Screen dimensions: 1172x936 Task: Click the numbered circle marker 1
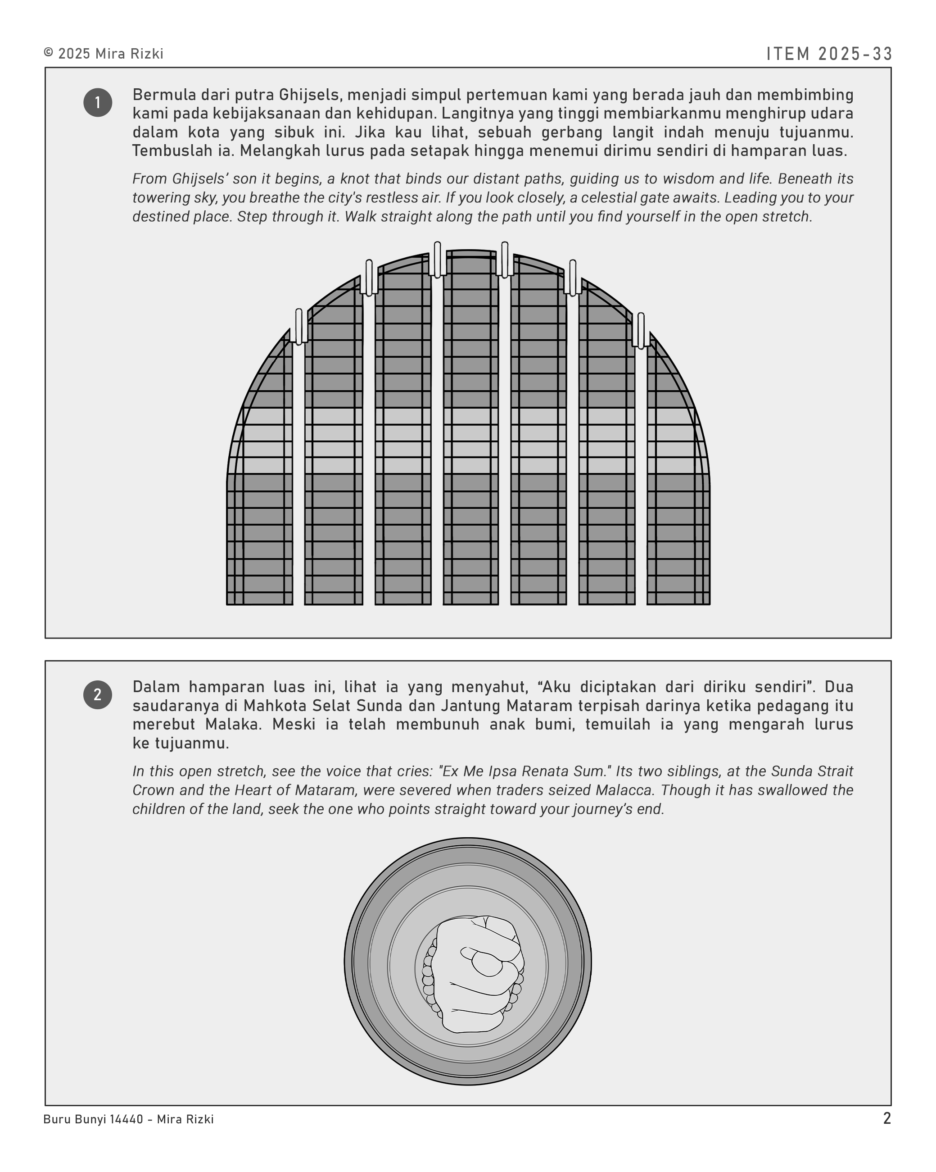(x=98, y=103)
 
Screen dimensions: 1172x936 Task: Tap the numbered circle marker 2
(x=98, y=695)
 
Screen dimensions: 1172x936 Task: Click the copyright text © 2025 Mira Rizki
(x=103, y=54)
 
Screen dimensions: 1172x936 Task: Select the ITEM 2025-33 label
(x=829, y=54)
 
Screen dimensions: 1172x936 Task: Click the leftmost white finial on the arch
(x=299, y=326)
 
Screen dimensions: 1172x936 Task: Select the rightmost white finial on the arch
(x=641, y=330)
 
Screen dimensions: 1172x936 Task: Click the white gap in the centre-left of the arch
(x=437, y=435)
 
